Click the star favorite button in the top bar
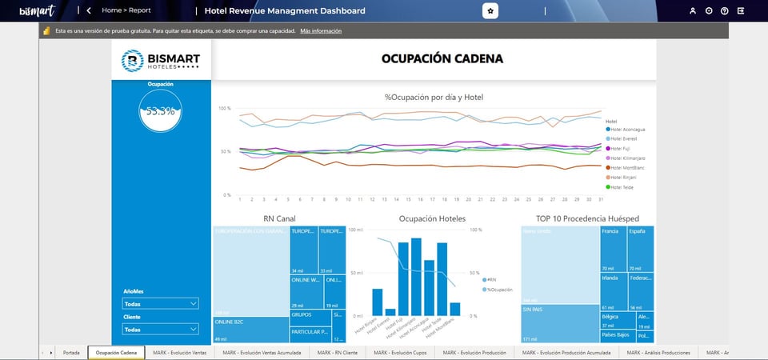click(x=490, y=11)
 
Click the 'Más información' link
click(x=321, y=30)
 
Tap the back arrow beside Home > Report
click(x=88, y=11)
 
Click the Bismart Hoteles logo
click(x=161, y=61)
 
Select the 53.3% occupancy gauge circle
click(x=160, y=110)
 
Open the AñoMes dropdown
click(x=160, y=304)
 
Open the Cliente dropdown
click(x=160, y=329)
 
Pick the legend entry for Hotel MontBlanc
click(x=626, y=168)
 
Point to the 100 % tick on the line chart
click(x=224, y=108)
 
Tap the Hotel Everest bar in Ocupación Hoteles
click(x=390, y=312)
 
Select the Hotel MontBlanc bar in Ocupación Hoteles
click(x=455, y=309)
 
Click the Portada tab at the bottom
click(x=71, y=352)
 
